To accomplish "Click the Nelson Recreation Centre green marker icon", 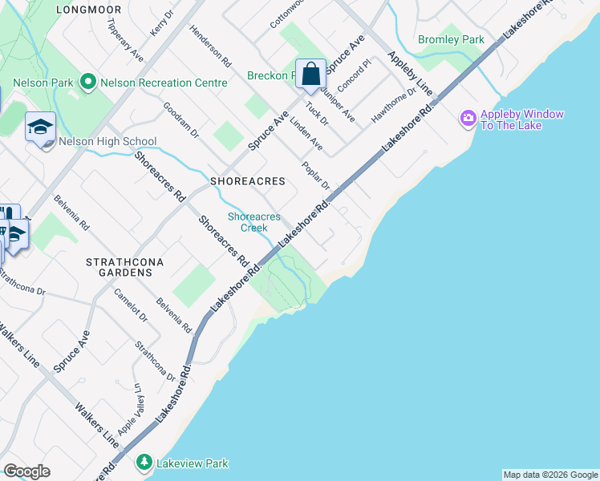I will tap(88, 83).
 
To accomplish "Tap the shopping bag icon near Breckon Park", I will tap(310, 74).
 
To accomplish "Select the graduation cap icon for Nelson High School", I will tap(39, 127).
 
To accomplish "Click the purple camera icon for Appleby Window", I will tap(468, 119).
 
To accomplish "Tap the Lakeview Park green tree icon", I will tap(144, 463).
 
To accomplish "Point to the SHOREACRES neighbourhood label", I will tap(248, 181).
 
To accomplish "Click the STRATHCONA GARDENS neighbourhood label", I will tap(120, 267).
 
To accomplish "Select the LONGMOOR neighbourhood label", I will tap(89, 10).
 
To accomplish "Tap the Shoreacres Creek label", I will tap(253, 222).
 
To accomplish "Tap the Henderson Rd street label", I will tap(210, 45).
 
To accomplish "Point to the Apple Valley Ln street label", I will tap(129, 409).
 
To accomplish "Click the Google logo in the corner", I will tap(26, 471).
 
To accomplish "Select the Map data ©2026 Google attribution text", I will tap(549, 475).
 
